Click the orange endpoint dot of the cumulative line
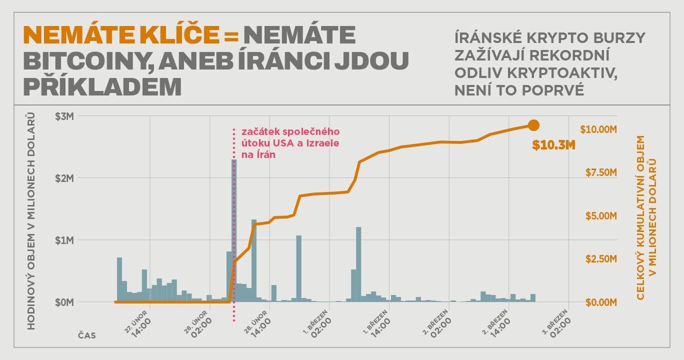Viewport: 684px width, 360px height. (533, 125)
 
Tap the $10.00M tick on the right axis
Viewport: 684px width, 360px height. (598, 129)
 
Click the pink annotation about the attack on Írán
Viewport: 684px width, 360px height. (290, 143)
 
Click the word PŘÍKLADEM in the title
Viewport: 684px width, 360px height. (102, 86)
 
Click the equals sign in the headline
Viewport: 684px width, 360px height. (230, 36)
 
